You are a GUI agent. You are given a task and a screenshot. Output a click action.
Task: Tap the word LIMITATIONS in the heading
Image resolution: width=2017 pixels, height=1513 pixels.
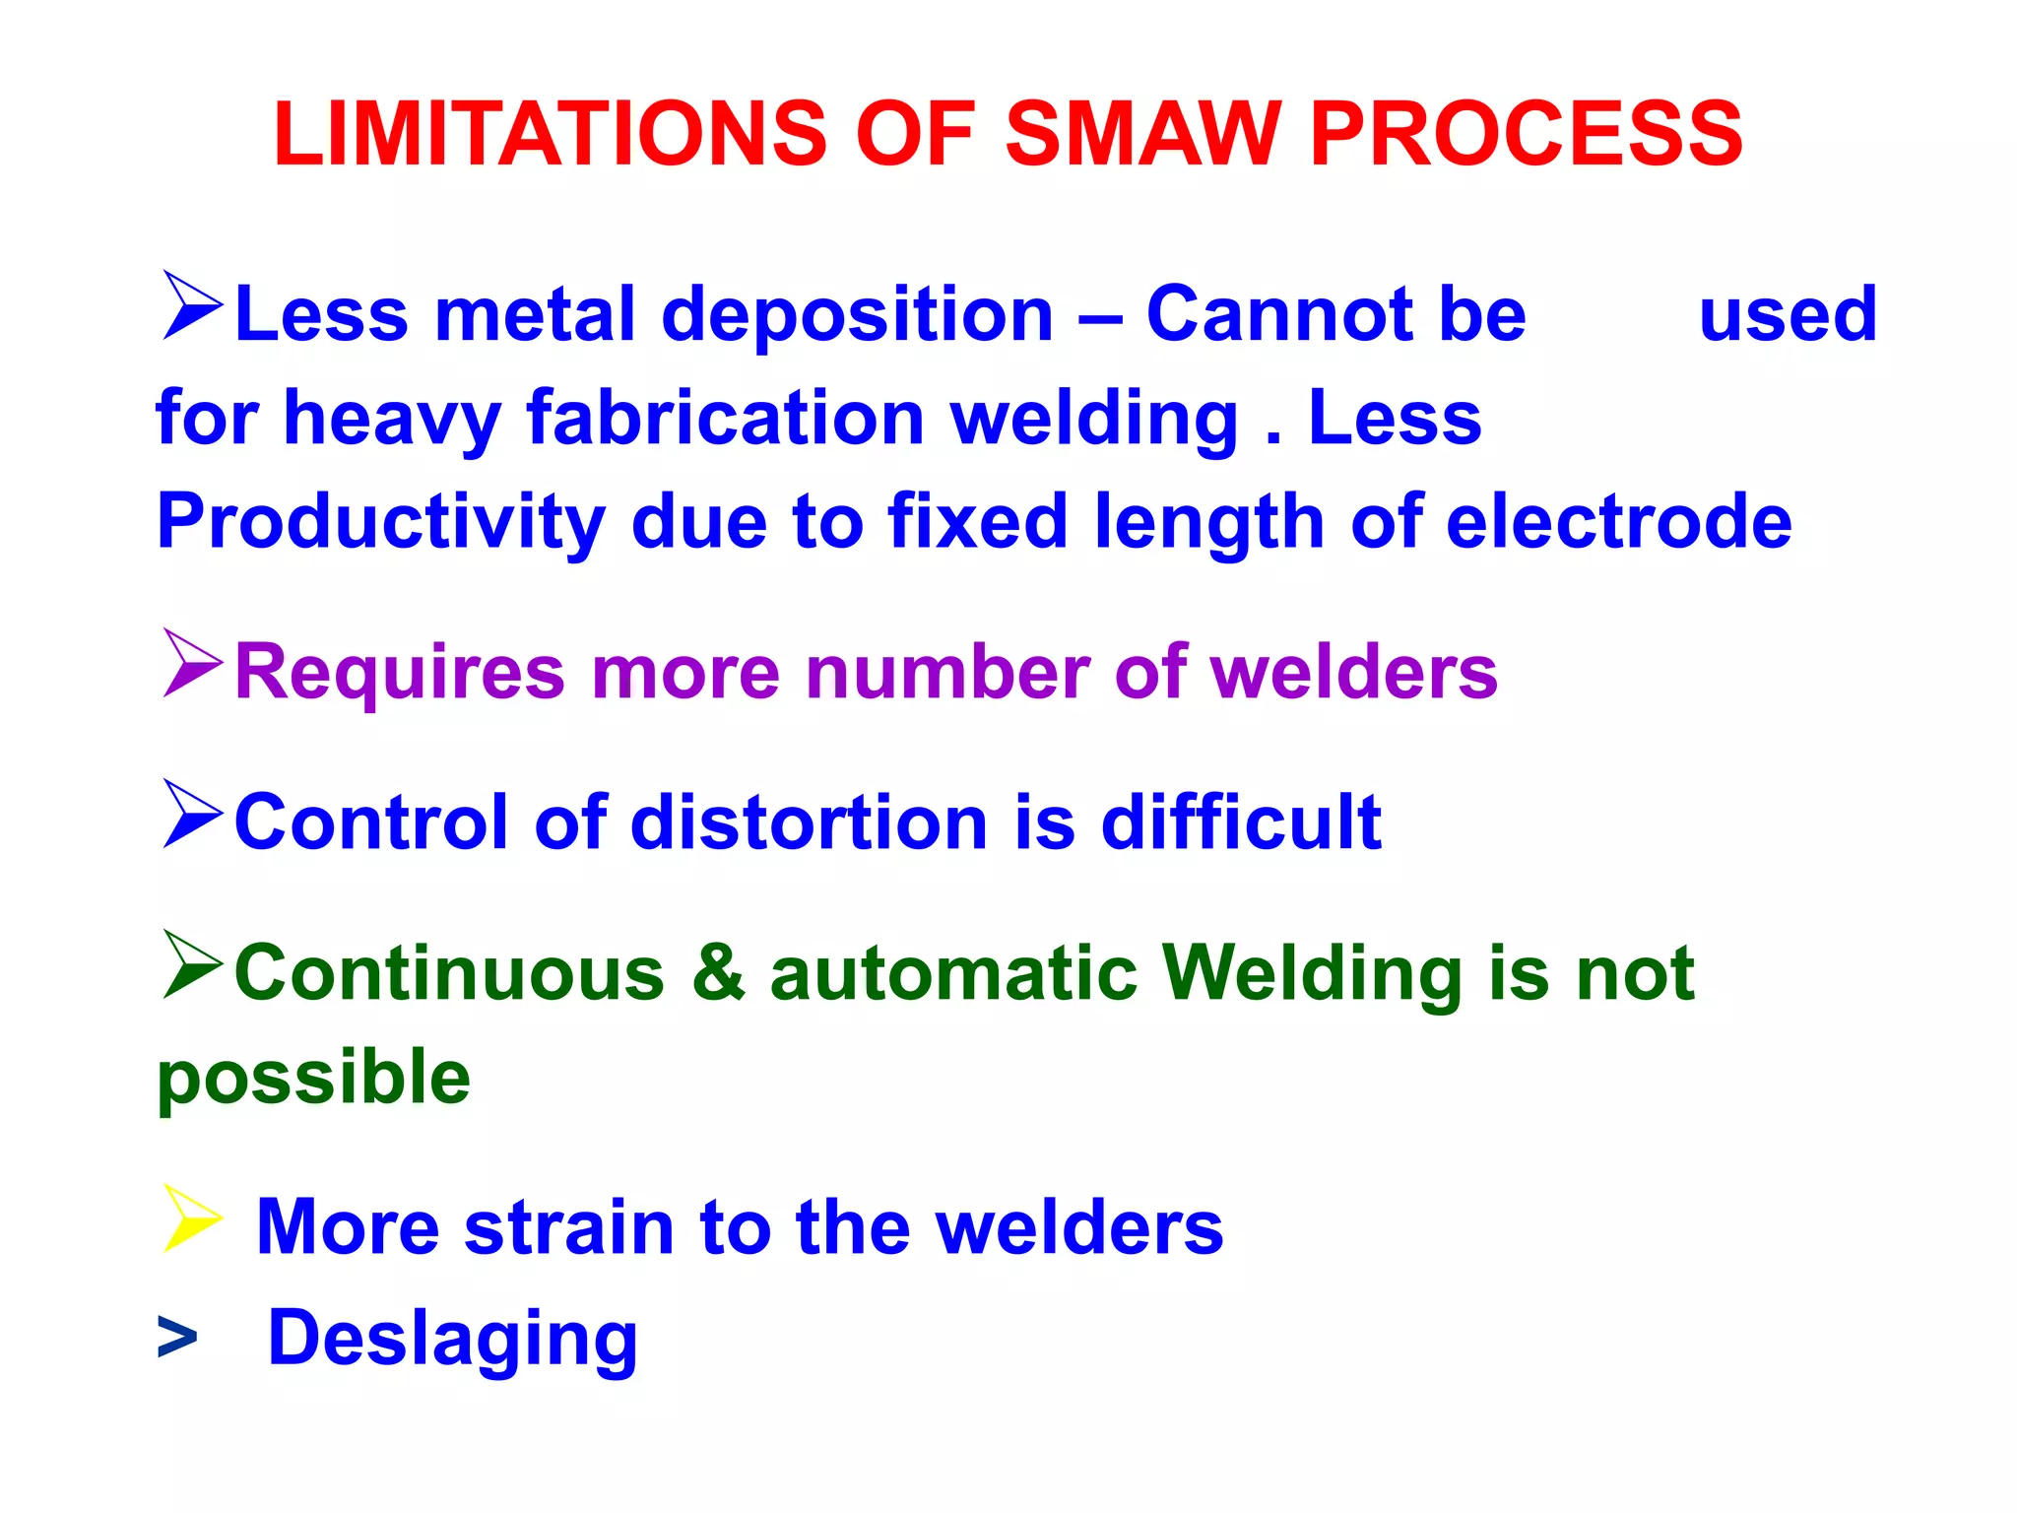pos(550,134)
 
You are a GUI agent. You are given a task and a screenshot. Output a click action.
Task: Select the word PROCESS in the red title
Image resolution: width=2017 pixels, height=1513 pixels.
pos(1526,134)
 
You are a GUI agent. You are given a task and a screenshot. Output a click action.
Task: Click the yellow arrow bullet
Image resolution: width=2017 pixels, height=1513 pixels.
pos(191,1218)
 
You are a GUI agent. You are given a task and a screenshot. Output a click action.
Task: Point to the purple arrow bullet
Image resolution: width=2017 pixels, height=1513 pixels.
pos(191,663)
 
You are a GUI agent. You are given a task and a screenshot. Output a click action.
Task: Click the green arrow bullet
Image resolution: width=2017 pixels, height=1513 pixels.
pos(191,964)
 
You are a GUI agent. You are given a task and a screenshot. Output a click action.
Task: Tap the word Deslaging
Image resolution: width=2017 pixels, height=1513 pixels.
pos(453,1339)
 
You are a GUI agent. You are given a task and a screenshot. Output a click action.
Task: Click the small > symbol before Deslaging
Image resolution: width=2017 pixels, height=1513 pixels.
pos(177,1339)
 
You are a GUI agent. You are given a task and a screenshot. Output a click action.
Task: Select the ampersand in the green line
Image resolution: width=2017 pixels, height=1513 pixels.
pos(718,972)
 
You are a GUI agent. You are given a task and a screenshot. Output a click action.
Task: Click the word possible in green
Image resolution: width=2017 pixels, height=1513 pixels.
pos(314,1078)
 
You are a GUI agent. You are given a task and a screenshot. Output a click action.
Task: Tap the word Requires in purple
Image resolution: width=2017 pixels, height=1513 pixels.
pos(400,672)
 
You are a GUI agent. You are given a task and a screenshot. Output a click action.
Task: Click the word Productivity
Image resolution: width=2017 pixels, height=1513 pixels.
pos(380,522)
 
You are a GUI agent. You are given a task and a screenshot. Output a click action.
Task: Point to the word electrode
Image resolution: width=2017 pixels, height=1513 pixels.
pos(1618,522)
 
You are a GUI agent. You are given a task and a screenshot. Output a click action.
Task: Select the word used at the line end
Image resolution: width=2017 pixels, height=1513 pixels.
pos(1788,314)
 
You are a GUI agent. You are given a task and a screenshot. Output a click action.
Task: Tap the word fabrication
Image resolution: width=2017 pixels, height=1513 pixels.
pos(726,419)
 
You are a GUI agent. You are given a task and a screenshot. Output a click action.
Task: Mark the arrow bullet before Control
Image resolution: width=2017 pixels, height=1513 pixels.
pos(191,814)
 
